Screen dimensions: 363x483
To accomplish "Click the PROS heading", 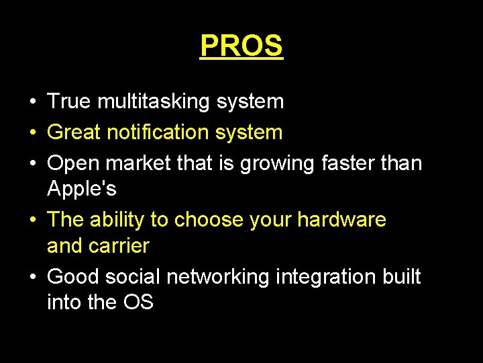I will [x=241, y=46].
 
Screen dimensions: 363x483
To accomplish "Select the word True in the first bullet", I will [x=69, y=102].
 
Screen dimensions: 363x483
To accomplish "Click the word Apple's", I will [x=82, y=190].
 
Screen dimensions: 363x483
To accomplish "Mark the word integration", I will [x=329, y=277].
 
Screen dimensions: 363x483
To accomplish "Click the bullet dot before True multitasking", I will [x=32, y=102].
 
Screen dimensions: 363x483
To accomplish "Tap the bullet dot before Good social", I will [x=32, y=277].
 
